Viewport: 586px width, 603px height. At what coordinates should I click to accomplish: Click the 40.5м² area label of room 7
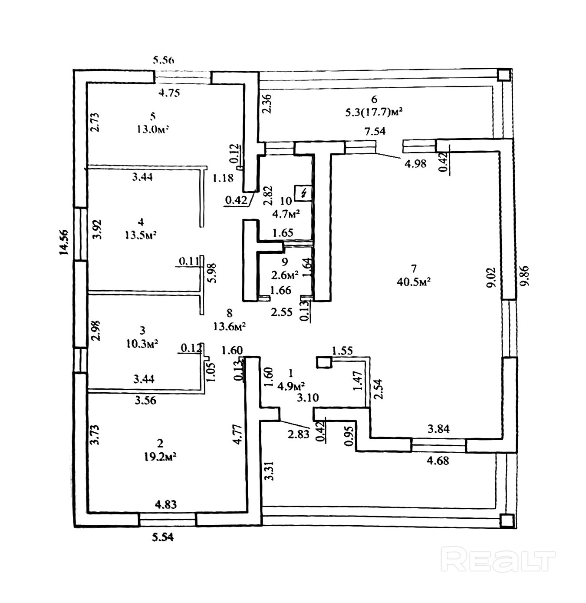(413, 282)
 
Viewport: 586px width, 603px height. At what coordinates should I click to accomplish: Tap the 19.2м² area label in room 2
(160, 457)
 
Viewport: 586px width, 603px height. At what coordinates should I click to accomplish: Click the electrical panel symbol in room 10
(303, 192)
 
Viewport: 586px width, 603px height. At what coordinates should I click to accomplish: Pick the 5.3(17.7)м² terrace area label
(374, 112)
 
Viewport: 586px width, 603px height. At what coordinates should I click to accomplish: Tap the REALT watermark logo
(498, 560)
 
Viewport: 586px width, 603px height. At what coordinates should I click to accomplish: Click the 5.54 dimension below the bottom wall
(163, 537)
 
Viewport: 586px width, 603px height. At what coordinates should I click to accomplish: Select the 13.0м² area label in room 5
(152, 129)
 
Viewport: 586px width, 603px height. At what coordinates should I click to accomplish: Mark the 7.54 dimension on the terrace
(375, 131)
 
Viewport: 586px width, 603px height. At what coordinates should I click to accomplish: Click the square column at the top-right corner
(503, 75)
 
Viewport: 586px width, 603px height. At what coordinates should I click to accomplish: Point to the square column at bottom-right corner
(505, 520)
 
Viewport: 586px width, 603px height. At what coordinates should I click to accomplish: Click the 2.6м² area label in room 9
(285, 275)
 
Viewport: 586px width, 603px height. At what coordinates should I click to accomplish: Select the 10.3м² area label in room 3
(142, 343)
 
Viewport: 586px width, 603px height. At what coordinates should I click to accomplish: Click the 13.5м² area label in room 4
(140, 235)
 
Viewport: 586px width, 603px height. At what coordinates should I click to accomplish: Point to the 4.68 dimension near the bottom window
(438, 461)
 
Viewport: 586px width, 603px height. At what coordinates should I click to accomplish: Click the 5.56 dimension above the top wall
(163, 60)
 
